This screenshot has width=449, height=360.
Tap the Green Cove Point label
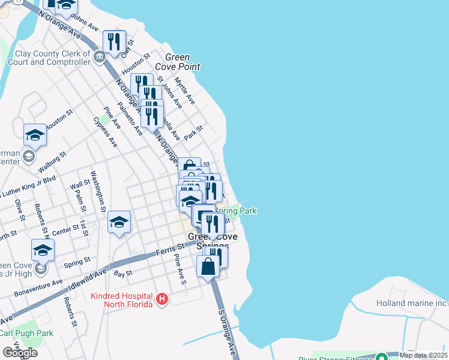point(178,62)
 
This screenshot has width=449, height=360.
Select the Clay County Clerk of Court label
point(49,58)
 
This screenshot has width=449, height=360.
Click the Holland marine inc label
point(412,303)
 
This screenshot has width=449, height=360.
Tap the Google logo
point(20,353)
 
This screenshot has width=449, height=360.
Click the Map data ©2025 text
point(423,355)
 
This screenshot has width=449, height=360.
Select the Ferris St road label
point(170,248)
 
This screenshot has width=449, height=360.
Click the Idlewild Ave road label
point(88,280)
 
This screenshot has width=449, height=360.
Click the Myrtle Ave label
point(185,89)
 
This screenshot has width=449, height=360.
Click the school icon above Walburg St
point(35,136)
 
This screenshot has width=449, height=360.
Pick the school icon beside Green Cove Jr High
point(43,250)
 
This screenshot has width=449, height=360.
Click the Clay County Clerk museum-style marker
point(100,57)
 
